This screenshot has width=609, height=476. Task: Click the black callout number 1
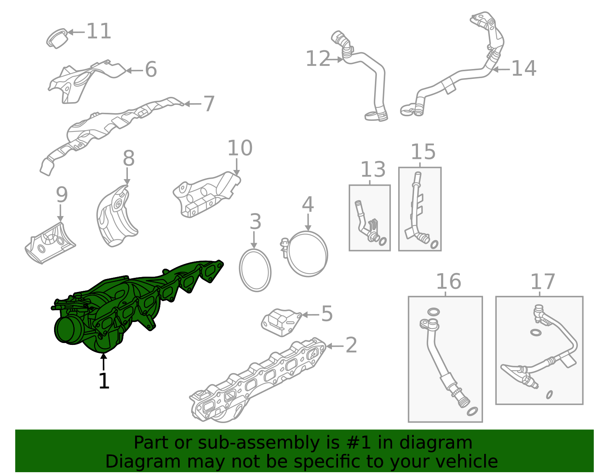[x=104, y=381]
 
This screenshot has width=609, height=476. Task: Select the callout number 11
[x=99, y=31]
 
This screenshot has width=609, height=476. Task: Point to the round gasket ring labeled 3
[x=255, y=270]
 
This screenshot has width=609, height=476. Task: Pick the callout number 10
[x=240, y=148]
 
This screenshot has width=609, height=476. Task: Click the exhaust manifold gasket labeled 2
[x=259, y=381]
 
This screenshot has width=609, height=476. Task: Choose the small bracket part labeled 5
[x=281, y=322]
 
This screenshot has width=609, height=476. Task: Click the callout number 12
[x=318, y=59]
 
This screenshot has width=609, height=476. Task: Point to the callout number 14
[x=524, y=69]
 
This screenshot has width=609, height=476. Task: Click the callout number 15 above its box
[x=423, y=152]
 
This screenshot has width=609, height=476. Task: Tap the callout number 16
[x=448, y=282]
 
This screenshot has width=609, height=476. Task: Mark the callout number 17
[x=543, y=282]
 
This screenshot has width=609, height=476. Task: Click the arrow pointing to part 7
[x=193, y=104]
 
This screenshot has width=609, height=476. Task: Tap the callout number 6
[x=151, y=70]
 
